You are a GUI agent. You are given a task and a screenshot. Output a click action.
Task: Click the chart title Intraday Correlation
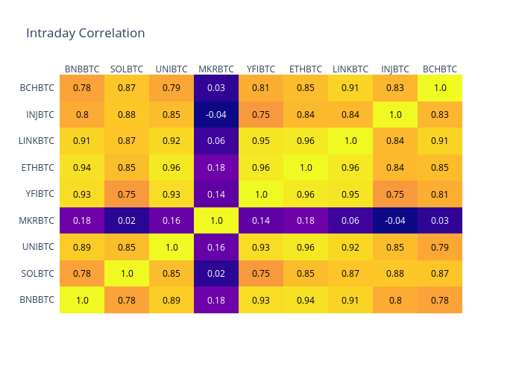tap(85, 33)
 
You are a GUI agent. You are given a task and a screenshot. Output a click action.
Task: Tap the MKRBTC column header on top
tap(216, 69)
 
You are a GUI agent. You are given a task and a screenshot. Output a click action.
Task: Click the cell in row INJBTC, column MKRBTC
tap(216, 114)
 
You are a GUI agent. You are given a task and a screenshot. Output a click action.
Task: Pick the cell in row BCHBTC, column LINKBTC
tap(350, 88)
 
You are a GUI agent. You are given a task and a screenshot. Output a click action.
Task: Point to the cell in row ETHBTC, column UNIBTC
tap(172, 167)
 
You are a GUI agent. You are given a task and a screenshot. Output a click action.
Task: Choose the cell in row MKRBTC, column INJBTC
tap(395, 220)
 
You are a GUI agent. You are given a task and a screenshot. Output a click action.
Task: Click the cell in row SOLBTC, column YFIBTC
tap(261, 273)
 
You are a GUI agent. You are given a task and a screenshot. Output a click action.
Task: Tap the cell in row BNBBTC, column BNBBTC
tap(82, 300)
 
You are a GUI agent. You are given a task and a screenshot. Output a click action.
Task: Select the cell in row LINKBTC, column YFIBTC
tap(261, 141)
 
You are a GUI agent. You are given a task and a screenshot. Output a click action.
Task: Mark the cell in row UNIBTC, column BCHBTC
tap(440, 247)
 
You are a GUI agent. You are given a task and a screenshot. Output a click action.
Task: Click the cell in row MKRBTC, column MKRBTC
tap(216, 220)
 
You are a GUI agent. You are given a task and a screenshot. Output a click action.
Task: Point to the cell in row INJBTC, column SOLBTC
tap(127, 114)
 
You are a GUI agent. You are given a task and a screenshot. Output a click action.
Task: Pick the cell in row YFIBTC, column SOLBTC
tap(127, 194)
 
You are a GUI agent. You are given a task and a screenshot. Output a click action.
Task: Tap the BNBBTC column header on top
tap(82, 69)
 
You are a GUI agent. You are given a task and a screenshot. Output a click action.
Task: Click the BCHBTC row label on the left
tap(37, 88)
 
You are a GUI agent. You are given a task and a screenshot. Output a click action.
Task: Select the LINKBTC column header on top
tap(350, 69)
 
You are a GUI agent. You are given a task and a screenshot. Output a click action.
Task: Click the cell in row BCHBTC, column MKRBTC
tap(216, 88)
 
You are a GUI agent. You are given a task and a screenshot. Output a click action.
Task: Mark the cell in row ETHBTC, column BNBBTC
tap(82, 167)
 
